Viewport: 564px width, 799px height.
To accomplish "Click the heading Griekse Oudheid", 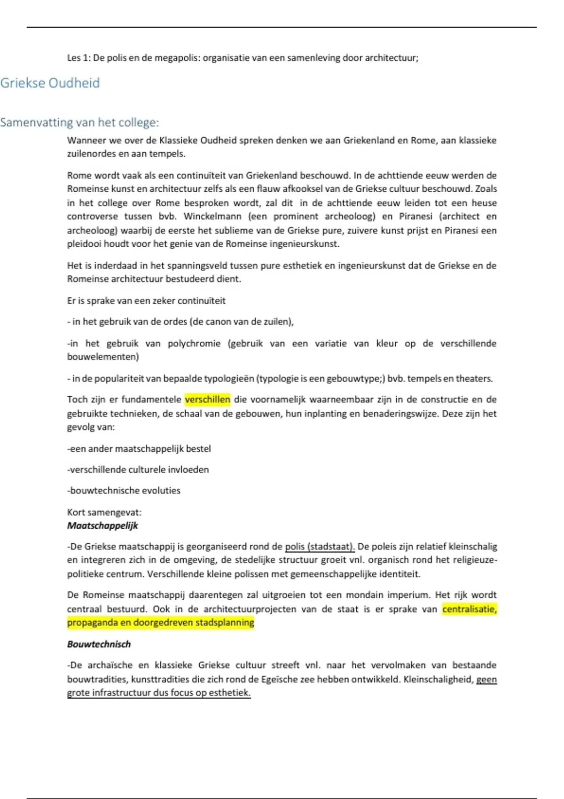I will [x=50, y=83].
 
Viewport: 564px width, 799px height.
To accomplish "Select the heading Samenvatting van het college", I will [x=79, y=123].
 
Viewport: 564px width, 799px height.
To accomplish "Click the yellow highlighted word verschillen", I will [x=207, y=399].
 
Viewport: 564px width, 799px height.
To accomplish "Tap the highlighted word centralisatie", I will [x=469, y=609].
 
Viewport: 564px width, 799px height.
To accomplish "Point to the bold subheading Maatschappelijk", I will [x=102, y=525].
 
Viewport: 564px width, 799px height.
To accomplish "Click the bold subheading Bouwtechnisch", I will [x=99, y=644].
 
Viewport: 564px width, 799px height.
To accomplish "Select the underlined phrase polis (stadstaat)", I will [x=320, y=547].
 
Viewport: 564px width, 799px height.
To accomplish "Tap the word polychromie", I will [x=194, y=344].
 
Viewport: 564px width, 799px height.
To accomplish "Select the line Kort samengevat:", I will [x=104, y=512].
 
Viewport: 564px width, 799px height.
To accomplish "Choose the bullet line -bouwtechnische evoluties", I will [x=124, y=491].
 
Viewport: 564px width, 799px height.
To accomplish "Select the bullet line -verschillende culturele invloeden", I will [x=138, y=470].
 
